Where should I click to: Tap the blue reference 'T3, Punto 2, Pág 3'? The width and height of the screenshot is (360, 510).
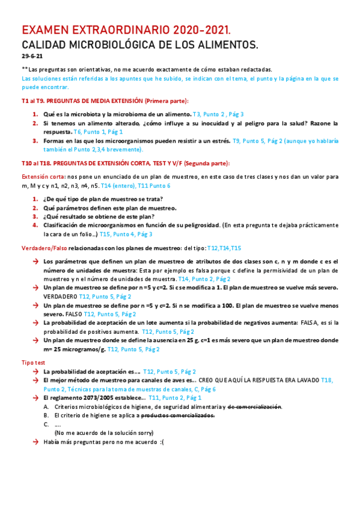tap(218, 114)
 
